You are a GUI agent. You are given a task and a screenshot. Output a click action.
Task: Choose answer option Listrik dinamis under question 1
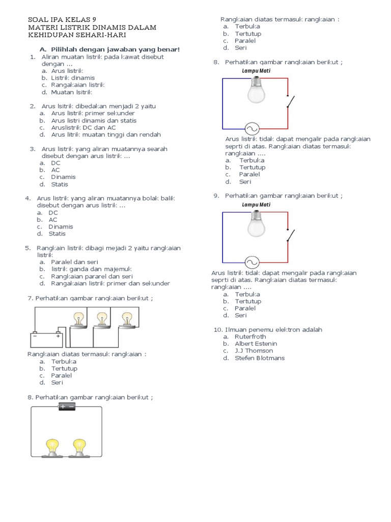[73, 78]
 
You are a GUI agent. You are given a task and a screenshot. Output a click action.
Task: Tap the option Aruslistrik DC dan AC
[83, 127]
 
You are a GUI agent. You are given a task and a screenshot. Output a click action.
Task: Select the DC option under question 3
[55, 163]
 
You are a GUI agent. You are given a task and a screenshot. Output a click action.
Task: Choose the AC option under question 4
[53, 220]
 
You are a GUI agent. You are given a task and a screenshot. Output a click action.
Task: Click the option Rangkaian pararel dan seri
[89, 276]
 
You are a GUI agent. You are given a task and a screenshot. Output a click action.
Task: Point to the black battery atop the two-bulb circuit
[67, 406]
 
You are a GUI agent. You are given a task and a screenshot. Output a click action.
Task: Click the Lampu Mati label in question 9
[256, 204]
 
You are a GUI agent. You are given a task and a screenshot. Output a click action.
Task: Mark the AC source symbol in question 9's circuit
[251, 262]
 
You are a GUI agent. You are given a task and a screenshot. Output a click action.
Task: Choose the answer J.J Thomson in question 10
[254, 351]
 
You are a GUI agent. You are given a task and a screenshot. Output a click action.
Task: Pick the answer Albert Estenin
[256, 344]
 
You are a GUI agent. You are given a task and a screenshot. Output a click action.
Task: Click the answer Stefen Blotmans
[260, 358]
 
